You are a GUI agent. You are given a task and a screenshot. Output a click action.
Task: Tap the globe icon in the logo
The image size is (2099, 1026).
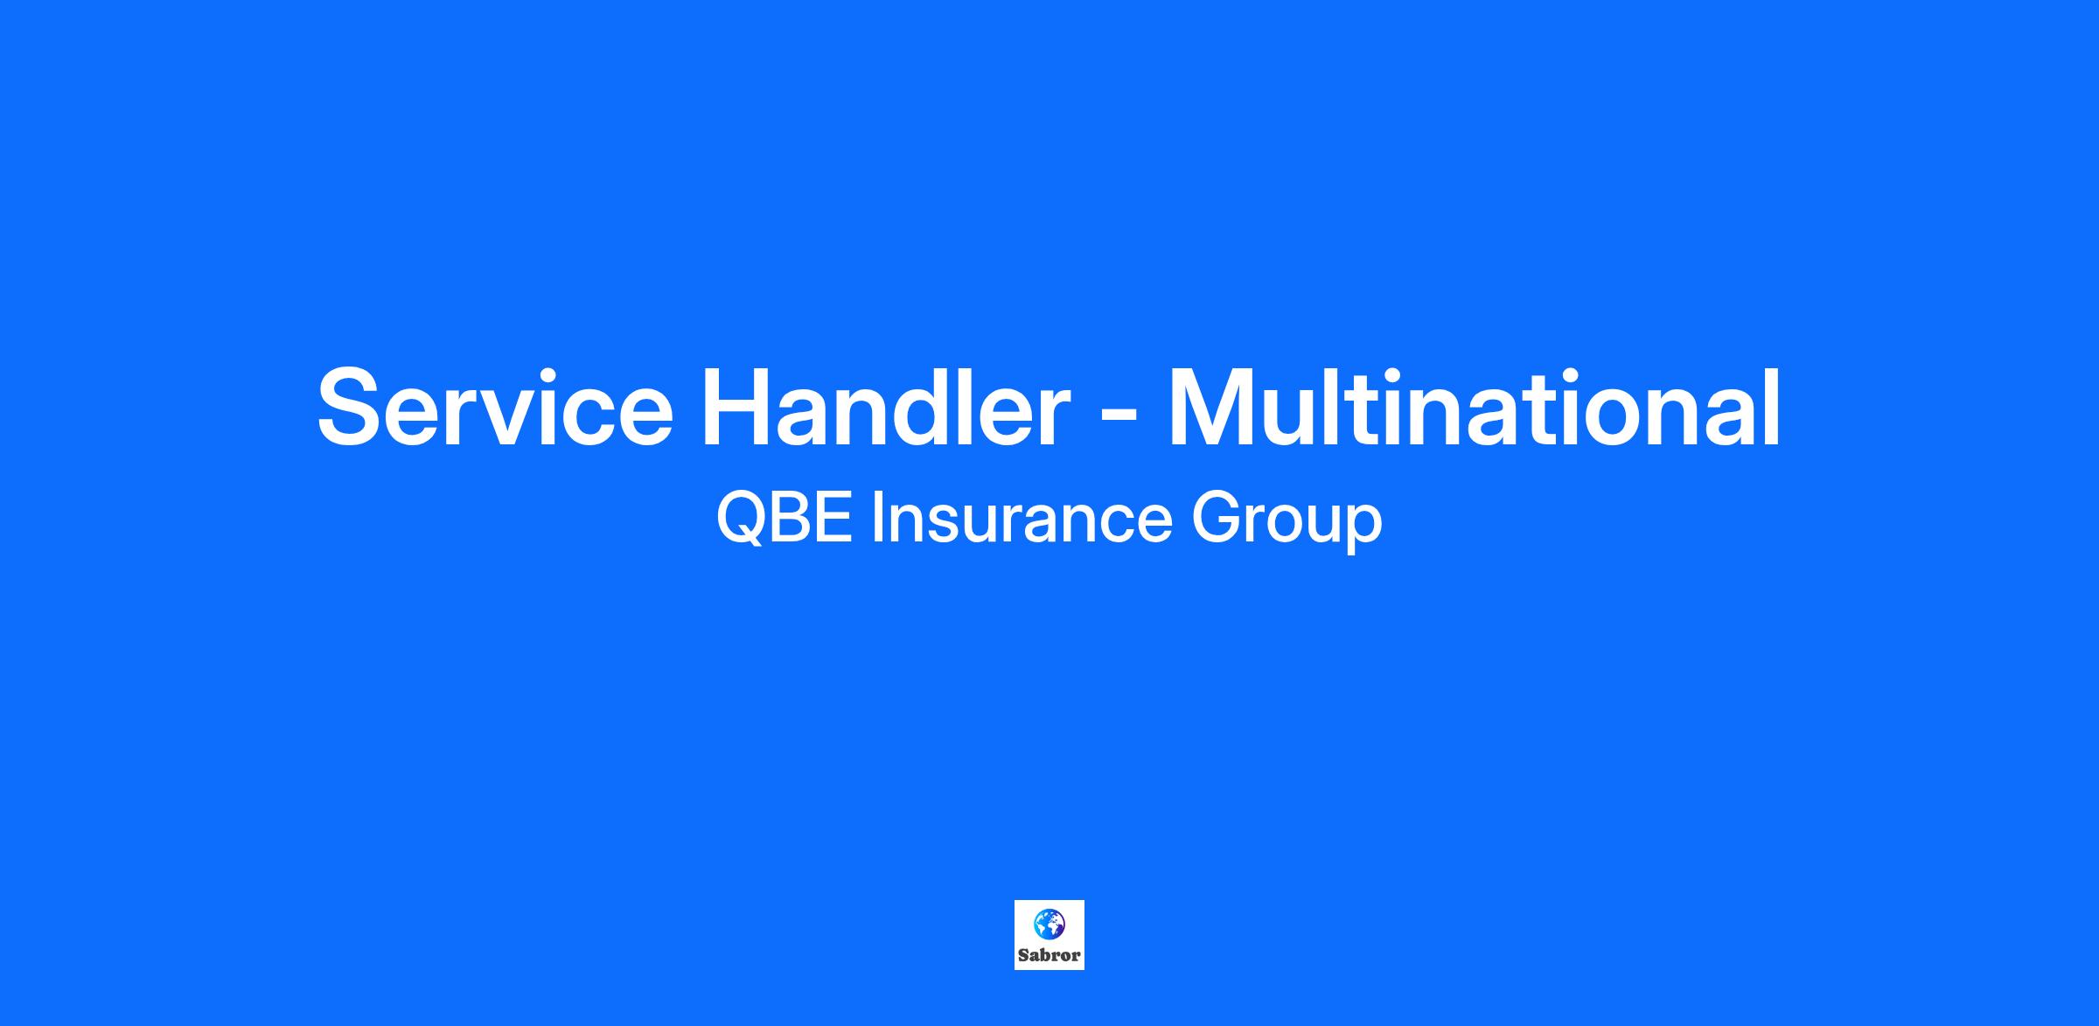pyautogui.click(x=1049, y=923)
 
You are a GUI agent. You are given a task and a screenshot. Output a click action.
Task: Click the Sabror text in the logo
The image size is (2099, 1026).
pyautogui.click(x=1049, y=955)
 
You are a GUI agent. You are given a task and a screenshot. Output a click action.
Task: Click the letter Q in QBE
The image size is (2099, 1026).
pyautogui.click(x=742, y=519)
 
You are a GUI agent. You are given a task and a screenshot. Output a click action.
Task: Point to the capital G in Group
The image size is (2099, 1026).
pyautogui.click(x=1216, y=518)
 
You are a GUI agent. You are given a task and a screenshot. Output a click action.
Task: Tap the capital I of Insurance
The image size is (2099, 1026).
pyautogui.click(x=876, y=518)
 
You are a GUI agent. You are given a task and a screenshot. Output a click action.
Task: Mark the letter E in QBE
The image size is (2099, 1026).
pyautogui.click(x=835, y=518)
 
